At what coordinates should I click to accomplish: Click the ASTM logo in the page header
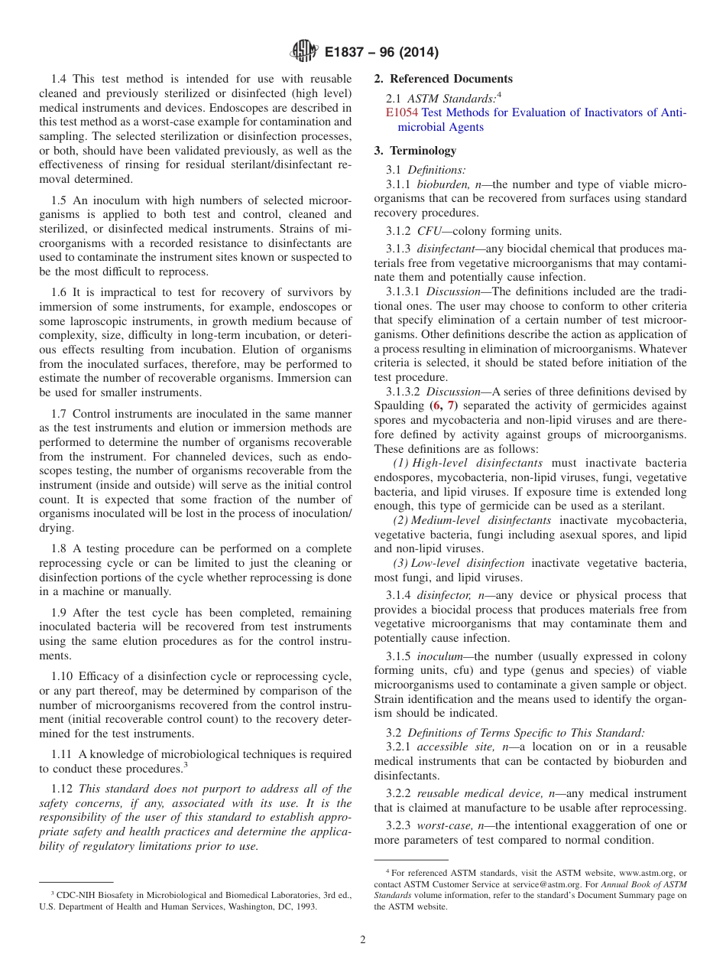pyautogui.click(x=303, y=52)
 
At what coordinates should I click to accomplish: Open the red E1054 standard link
pyautogui.click(x=401, y=112)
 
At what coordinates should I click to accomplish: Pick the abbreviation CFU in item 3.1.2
pyautogui.click(x=429, y=231)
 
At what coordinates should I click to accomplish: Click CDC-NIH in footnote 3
pyautogui.click(x=72, y=894)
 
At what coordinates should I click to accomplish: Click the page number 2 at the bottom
pyautogui.click(x=363, y=940)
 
